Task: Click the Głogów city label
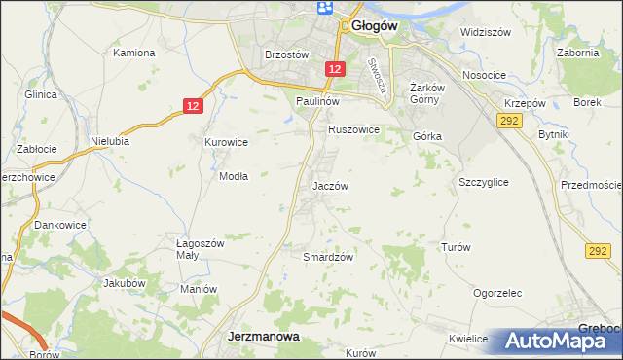(373, 27)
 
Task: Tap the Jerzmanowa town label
(262, 336)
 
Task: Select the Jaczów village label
(330, 185)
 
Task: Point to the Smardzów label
(327, 257)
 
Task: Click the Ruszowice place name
(352, 128)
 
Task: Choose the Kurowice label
(226, 142)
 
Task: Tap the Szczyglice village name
(483, 182)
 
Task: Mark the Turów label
(456, 247)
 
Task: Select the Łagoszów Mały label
(199, 249)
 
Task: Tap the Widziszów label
(486, 32)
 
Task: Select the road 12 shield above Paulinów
(334, 69)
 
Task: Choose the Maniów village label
(198, 289)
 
